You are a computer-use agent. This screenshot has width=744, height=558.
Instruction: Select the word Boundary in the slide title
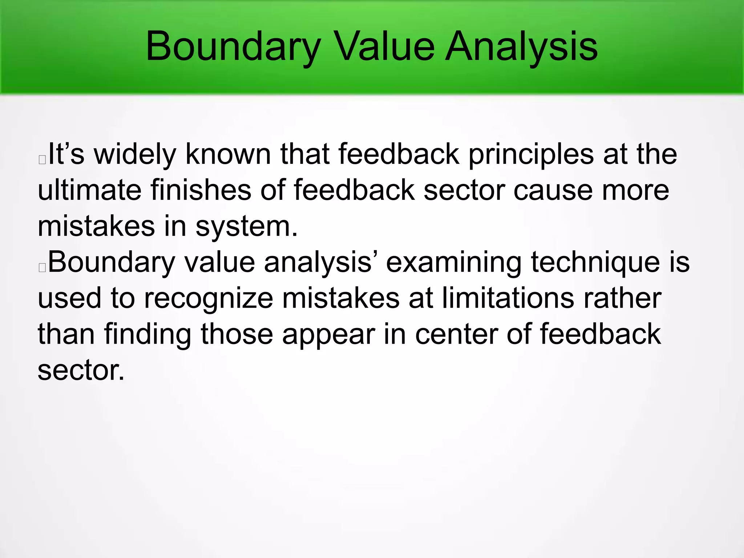click(x=233, y=46)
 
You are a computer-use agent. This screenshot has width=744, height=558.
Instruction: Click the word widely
click(x=135, y=154)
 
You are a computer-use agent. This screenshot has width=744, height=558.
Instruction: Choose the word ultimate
click(x=89, y=190)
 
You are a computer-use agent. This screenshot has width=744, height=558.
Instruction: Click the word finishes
click(x=201, y=190)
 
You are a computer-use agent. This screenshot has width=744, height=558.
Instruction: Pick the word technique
click(x=595, y=262)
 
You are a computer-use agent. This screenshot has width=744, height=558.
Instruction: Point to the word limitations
click(x=508, y=298)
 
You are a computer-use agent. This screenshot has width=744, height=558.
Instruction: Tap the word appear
click(x=328, y=334)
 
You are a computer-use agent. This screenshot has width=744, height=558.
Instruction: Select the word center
click(x=456, y=334)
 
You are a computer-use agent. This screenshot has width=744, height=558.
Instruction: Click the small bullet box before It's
click(x=42, y=159)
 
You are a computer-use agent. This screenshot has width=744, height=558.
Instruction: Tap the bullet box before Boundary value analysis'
click(x=42, y=267)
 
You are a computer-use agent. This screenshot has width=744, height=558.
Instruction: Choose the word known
click(x=228, y=154)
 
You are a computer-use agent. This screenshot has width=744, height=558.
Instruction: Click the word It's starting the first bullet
click(x=66, y=154)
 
